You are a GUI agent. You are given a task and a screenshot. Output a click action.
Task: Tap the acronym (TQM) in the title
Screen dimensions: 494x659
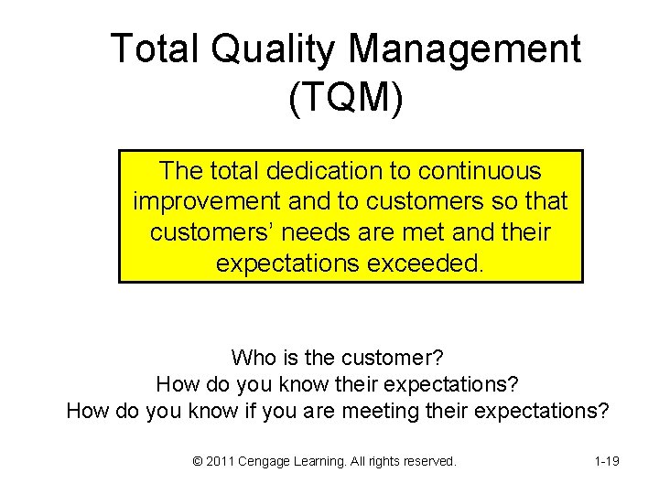click(345, 99)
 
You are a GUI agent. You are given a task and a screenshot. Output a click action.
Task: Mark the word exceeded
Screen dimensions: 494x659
click(425, 263)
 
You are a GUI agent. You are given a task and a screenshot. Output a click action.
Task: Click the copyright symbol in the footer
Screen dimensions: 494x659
click(198, 461)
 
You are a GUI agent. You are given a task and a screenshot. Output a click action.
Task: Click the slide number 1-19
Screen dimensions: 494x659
click(606, 461)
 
